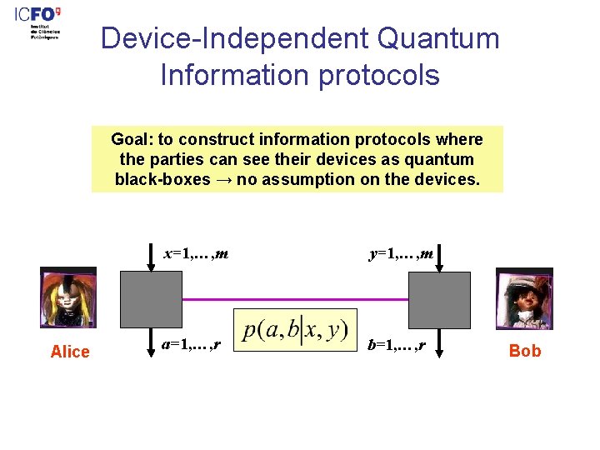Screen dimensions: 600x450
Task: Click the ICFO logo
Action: [x=37, y=23]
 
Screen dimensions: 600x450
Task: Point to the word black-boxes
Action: [x=162, y=179]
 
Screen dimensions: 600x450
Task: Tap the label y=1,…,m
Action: [x=402, y=252]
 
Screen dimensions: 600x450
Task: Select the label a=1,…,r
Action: [x=191, y=343]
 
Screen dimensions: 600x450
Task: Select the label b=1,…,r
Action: [x=397, y=343]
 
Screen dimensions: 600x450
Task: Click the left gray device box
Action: [x=151, y=300]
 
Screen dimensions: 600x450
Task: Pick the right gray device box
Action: [x=439, y=300]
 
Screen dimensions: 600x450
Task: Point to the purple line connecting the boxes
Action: [x=295, y=298]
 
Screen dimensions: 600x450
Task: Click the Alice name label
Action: [x=70, y=352]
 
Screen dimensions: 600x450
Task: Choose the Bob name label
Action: [x=525, y=351]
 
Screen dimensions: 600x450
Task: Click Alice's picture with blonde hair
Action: [x=68, y=297]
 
